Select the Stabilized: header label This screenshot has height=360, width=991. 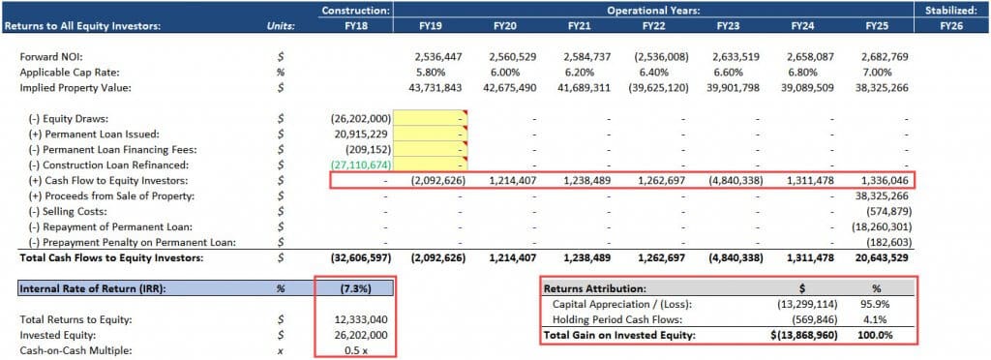[952, 10]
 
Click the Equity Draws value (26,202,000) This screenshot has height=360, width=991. [360, 118]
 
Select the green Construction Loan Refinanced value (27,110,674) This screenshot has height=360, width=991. [360, 165]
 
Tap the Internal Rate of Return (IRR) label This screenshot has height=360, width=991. [80, 288]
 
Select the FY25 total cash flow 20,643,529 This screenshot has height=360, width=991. [882, 257]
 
